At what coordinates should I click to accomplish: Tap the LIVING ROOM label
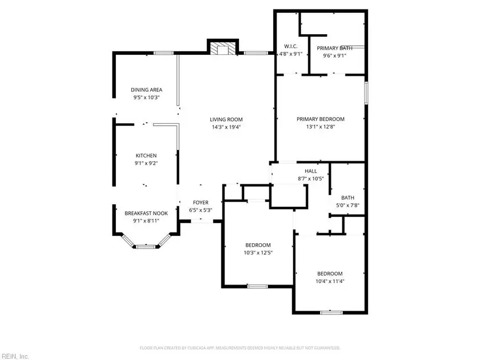coord(226,119)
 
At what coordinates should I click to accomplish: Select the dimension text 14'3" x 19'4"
coord(226,127)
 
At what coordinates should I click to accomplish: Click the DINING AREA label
coord(147,90)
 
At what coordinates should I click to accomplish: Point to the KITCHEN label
coord(146,155)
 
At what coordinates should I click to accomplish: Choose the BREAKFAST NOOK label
coord(146,213)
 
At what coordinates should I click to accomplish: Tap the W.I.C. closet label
coord(291,46)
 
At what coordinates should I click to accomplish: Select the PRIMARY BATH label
coord(334,48)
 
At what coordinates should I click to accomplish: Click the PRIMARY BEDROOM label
coord(321,119)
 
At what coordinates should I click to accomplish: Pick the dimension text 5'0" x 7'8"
coord(348,205)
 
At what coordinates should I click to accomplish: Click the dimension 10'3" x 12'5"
coord(258,252)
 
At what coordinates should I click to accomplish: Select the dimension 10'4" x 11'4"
coord(330,281)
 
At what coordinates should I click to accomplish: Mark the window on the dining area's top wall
coord(164,52)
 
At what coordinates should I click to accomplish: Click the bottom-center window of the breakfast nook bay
coord(145,246)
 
